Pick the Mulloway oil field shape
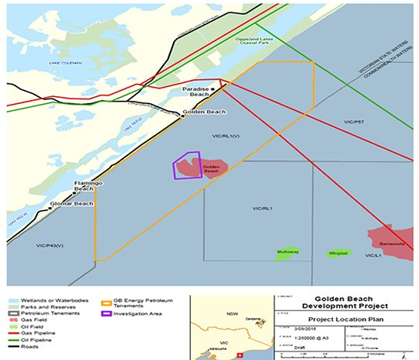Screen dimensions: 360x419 click(x=288, y=254)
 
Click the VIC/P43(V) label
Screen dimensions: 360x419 click(x=49, y=245)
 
